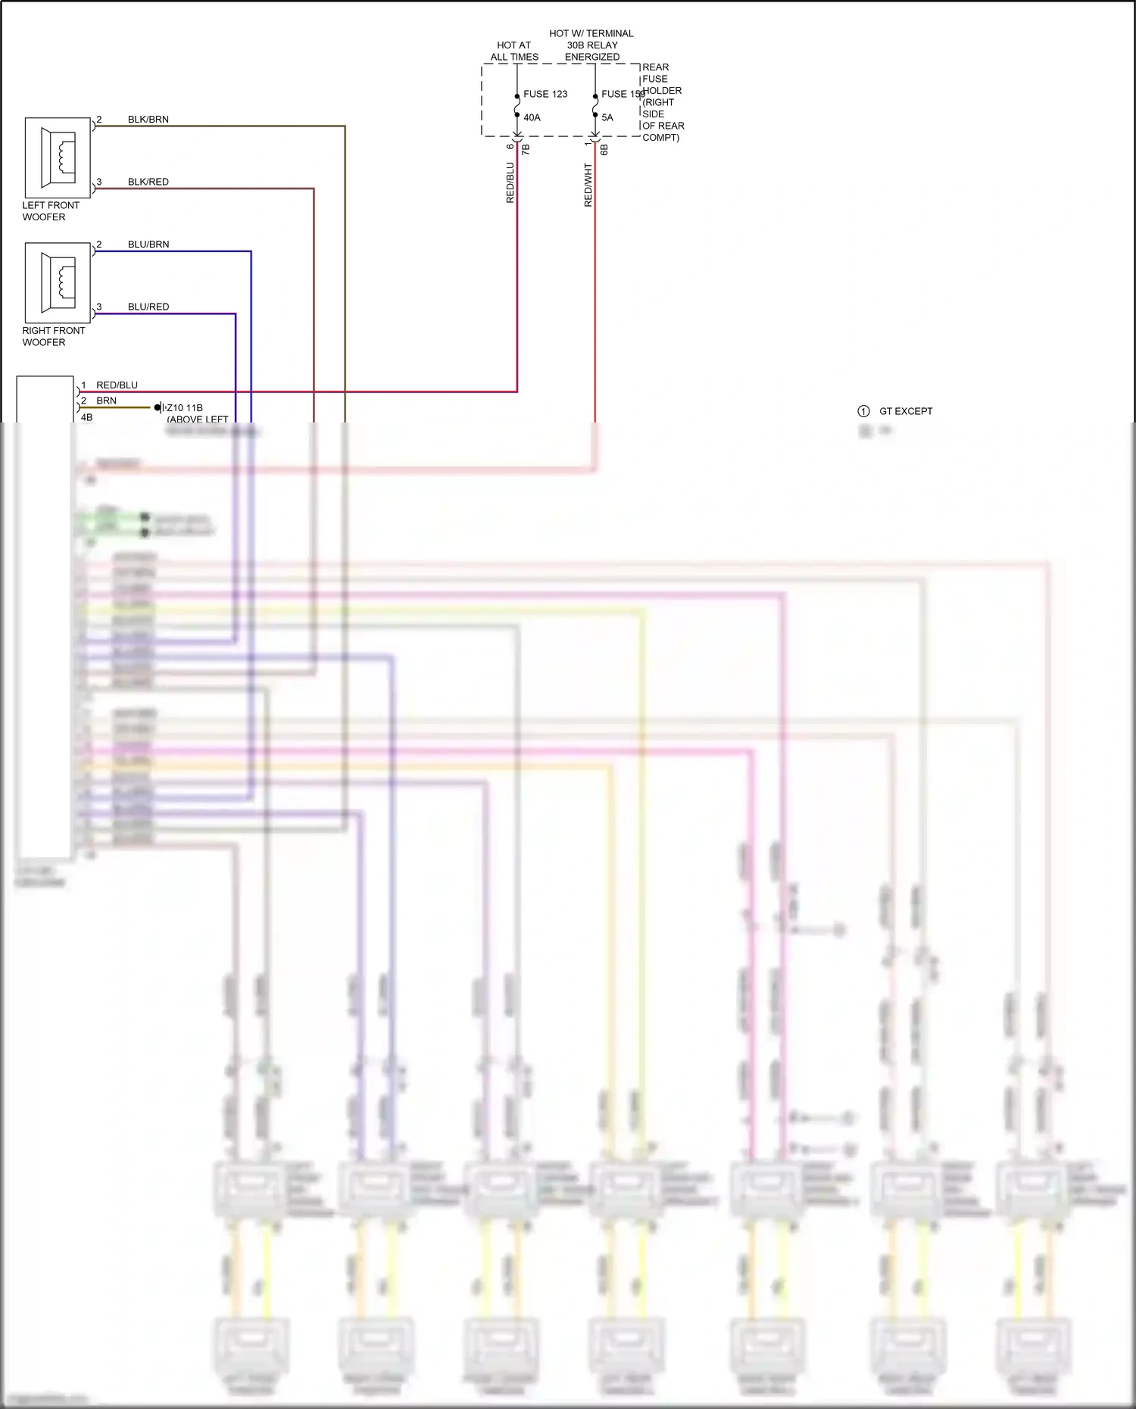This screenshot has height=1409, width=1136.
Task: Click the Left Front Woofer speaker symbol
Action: (x=58, y=157)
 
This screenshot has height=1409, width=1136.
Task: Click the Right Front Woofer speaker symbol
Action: (x=58, y=282)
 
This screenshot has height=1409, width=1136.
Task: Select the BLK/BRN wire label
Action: (x=148, y=120)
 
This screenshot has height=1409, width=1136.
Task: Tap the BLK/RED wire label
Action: (x=148, y=182)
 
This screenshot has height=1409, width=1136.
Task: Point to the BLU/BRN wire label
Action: (x=148, y=245)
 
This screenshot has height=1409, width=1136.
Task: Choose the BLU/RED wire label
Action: (x=148, y=307)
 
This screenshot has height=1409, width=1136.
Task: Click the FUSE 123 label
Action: (x=545, y=94)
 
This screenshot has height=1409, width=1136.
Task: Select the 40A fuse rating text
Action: (x=532, y=117)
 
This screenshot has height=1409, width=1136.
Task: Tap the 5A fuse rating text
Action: (x=607, y=117)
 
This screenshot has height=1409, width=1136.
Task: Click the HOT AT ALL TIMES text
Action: (x=514, y=51)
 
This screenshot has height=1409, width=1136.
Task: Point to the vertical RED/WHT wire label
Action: (x=588, y=185)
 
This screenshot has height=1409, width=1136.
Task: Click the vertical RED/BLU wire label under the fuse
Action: (x=510, y=182)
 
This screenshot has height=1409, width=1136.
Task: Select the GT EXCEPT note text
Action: (x=906, y=411)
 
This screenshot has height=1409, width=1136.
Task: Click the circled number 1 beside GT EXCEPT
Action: (x=863, y=411)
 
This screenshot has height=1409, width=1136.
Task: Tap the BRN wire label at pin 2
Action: (x=107, y=401)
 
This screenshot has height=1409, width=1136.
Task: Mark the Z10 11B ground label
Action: (x=185, y=407)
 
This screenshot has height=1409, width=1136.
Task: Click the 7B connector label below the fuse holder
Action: (x=526, y=149)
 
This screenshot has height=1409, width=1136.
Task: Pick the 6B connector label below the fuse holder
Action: (x=604, y=149)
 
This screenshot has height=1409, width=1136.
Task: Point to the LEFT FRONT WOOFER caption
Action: (x=50, y=211)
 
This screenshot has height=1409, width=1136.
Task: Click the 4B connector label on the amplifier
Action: (x=87, y=417)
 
